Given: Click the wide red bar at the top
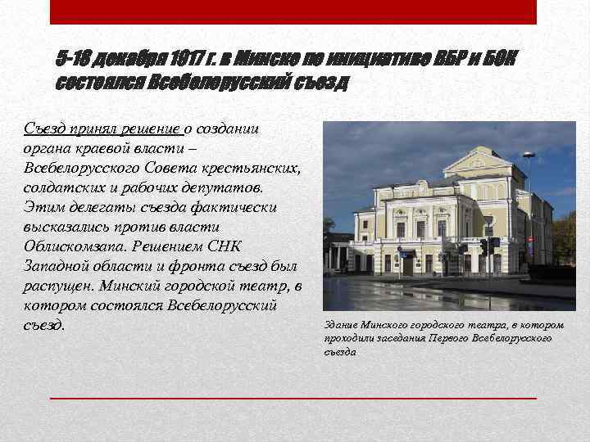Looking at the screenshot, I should pos(293,11).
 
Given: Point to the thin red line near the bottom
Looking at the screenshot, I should pos(293,398).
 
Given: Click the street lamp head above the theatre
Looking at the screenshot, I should pos(529,155).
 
